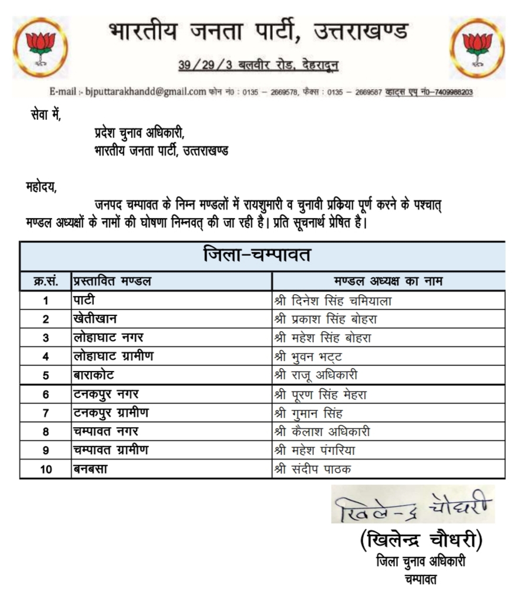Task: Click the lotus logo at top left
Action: pos(40,47)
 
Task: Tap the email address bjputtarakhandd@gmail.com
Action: pos(146,91)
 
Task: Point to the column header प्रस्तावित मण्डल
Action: pos(112,281)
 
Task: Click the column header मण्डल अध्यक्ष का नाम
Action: pos(388,281)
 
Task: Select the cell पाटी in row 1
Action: pos(84,300)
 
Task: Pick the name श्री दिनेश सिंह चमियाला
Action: pos(333,301)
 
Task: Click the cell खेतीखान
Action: pos(96,319)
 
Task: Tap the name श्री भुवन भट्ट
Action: pos(308,356)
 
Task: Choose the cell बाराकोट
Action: pos(94,375)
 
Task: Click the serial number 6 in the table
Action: pos(45,394)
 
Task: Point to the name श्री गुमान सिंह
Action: pos(311,413)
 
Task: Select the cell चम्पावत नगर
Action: pos(106,432)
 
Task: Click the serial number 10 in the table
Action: pos(45,469)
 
